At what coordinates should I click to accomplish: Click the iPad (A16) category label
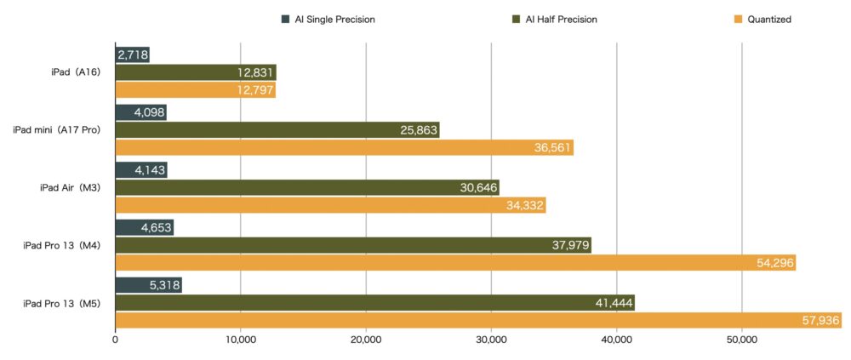click(x=77, y=72)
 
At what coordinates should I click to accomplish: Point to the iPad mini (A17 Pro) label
click(x=57, y=130)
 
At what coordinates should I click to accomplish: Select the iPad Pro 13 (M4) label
click(x=62, y=246)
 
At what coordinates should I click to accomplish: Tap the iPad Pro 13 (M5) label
click(x=62, y=304)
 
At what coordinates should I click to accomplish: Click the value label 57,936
click(x=820, y=321)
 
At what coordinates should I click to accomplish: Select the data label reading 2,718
click(x=132, y=55)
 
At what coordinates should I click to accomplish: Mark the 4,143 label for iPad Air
click(x=150, y=170)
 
